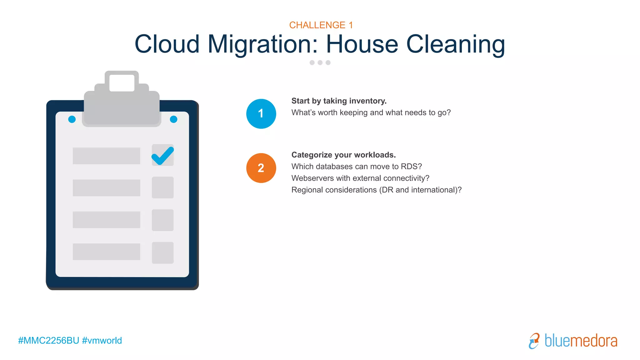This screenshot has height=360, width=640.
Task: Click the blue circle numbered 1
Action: click(x=261, y=114)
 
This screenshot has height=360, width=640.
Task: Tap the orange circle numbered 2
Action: click(x=261, y=168)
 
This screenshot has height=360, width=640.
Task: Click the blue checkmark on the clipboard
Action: click(x=162, y=155)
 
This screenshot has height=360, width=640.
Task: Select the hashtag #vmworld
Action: click(x=102, y=340)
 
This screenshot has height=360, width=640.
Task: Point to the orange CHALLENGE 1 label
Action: click(x=321, y=25)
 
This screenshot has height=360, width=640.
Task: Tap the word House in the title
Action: click(x=362, y=44)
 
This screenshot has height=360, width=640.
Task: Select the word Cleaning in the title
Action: click(x=455, y=44)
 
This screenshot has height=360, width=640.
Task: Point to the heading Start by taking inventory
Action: click(x=339, y=101)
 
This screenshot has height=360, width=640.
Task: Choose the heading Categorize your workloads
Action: click(x=343, y=155)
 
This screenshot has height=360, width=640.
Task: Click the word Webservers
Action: click(x=312, y=178)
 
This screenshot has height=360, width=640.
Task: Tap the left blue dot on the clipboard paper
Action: click(x=72, y=119)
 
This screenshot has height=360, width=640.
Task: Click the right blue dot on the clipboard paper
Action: click(x=173, y=119)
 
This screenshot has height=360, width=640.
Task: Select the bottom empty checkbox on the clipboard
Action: click(x=162, y=252)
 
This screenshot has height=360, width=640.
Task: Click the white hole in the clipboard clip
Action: click(x=122, y=83)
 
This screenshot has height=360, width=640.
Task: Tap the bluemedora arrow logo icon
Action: click(x=534, y=341)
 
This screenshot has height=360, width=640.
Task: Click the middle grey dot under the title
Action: click(x=320, y=62)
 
